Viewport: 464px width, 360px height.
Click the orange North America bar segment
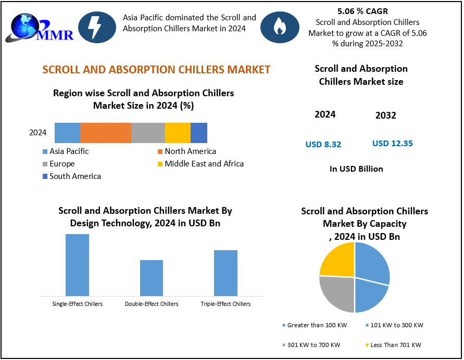106,133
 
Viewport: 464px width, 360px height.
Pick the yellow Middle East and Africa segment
178,133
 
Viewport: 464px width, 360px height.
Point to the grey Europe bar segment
148,133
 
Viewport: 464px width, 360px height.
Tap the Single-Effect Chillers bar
77,265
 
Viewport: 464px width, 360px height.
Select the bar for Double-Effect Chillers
152,278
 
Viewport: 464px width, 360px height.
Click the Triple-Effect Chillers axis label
225,304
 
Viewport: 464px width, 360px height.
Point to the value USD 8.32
323,144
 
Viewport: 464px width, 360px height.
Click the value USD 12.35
393,143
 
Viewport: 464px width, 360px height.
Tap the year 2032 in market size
386,115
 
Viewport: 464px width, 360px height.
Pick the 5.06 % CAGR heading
363,11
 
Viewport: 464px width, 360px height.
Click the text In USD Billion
356,169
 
